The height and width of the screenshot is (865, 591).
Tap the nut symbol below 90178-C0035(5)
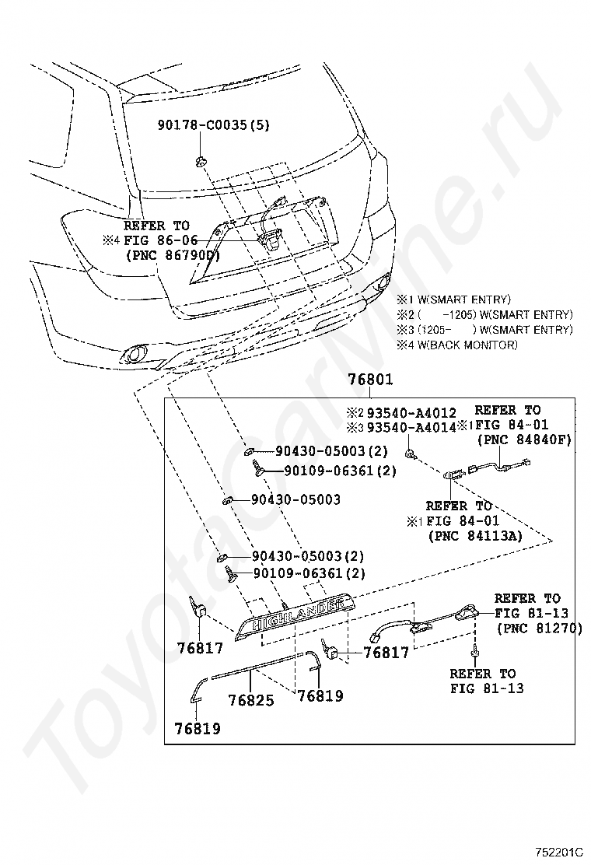[x=200, y=161]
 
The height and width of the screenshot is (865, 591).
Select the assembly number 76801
[x=370, y=380]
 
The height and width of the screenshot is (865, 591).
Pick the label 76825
[x=251, y=700]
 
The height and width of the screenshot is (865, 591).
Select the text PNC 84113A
[x=474, y=535]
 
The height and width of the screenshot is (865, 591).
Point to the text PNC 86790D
[x=172, y=254]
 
